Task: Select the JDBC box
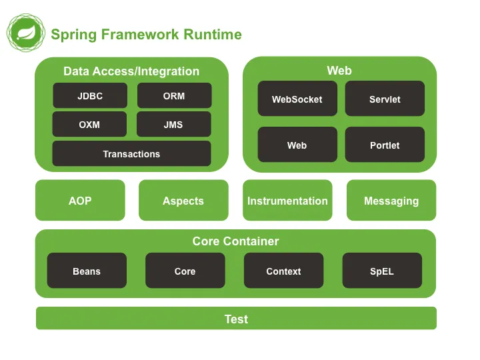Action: click(x=90, y=96)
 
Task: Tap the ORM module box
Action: click(x=174, y=96)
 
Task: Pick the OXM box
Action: click(x=89, y=125)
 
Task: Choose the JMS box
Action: click(x=173, y=125)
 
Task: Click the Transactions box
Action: click(x=131, y=154)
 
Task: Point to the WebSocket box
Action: click(x=297, y=99)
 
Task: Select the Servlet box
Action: click(x=385, y=99)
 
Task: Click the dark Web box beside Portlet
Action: click(x=297, y=145)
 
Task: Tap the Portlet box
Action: click(x=385, y=145)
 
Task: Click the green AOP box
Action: click(x=80, y=201)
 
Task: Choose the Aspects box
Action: click(x=183, y=201)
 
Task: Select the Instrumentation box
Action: click(x=287, y=201)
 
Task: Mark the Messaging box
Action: click(x=391, y=201)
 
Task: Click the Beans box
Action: click(x=87, y=271)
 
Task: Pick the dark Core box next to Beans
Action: click(x=185, y=271)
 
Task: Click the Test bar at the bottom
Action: click(x=236, y=319)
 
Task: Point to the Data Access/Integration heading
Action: click(x=131, y=71)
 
